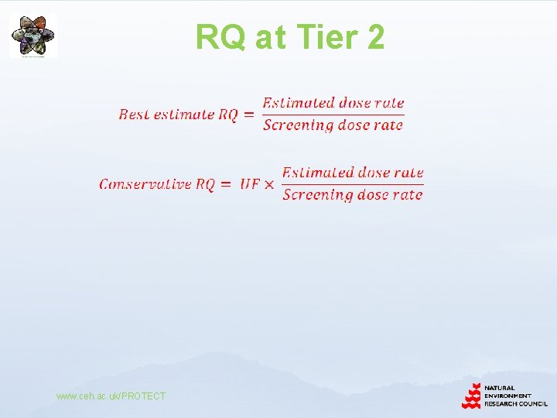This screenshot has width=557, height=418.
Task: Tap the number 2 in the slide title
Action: (375, 36)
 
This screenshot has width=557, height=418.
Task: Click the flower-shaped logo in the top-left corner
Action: (32, 36)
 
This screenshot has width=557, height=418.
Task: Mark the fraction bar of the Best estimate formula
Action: (333, 115)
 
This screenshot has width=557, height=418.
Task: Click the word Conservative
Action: (145, 184)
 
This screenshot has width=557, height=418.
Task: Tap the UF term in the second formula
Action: (249, 184)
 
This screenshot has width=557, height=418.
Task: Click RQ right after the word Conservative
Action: (205, 184)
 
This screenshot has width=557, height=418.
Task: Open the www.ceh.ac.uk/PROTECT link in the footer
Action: (111, 396)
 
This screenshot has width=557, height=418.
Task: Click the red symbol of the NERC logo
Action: (471, 396)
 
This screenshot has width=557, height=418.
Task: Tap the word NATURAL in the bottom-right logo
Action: (500, 388)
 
